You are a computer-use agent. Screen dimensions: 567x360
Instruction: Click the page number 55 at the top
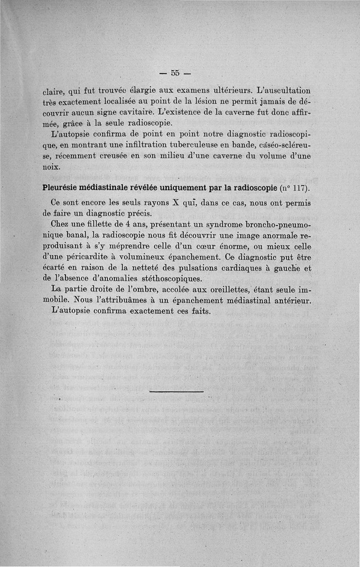[175, 73]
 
